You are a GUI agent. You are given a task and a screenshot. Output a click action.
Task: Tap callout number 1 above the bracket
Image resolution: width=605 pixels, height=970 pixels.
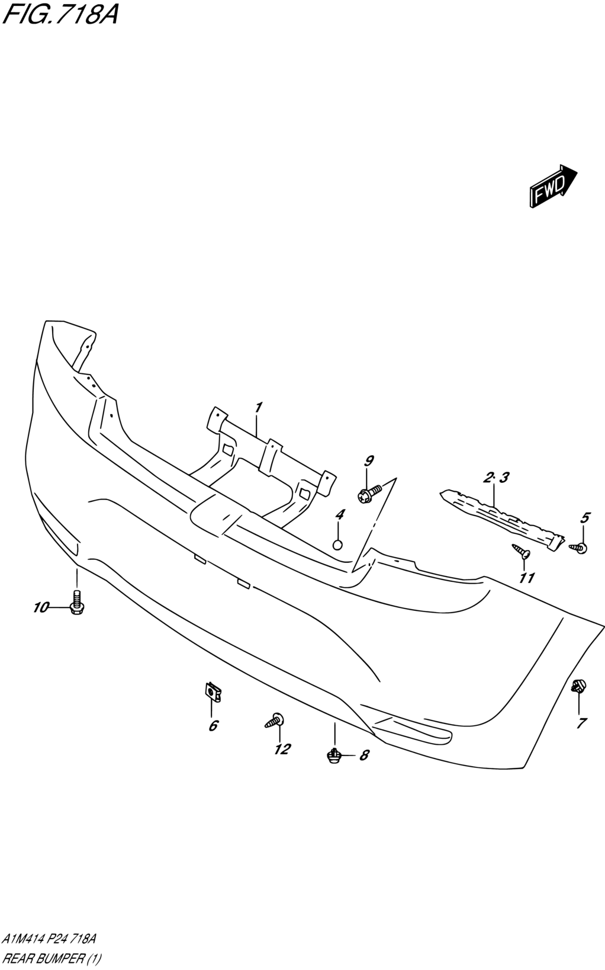pos(258,408)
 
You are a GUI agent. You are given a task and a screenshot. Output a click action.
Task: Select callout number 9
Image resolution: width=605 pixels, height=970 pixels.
pos(369,462)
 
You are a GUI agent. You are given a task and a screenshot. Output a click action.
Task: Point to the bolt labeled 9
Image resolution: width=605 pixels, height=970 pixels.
pos(370,494)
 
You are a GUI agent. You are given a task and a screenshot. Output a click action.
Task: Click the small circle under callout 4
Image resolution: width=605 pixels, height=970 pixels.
pos(338,545)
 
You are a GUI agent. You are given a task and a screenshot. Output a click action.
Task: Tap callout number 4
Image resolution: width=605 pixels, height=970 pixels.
pos(340,515)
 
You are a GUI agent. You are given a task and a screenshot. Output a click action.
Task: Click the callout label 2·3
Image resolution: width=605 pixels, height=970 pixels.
pos(496,478)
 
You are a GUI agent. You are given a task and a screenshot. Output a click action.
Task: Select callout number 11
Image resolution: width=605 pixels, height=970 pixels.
pos(527,578)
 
